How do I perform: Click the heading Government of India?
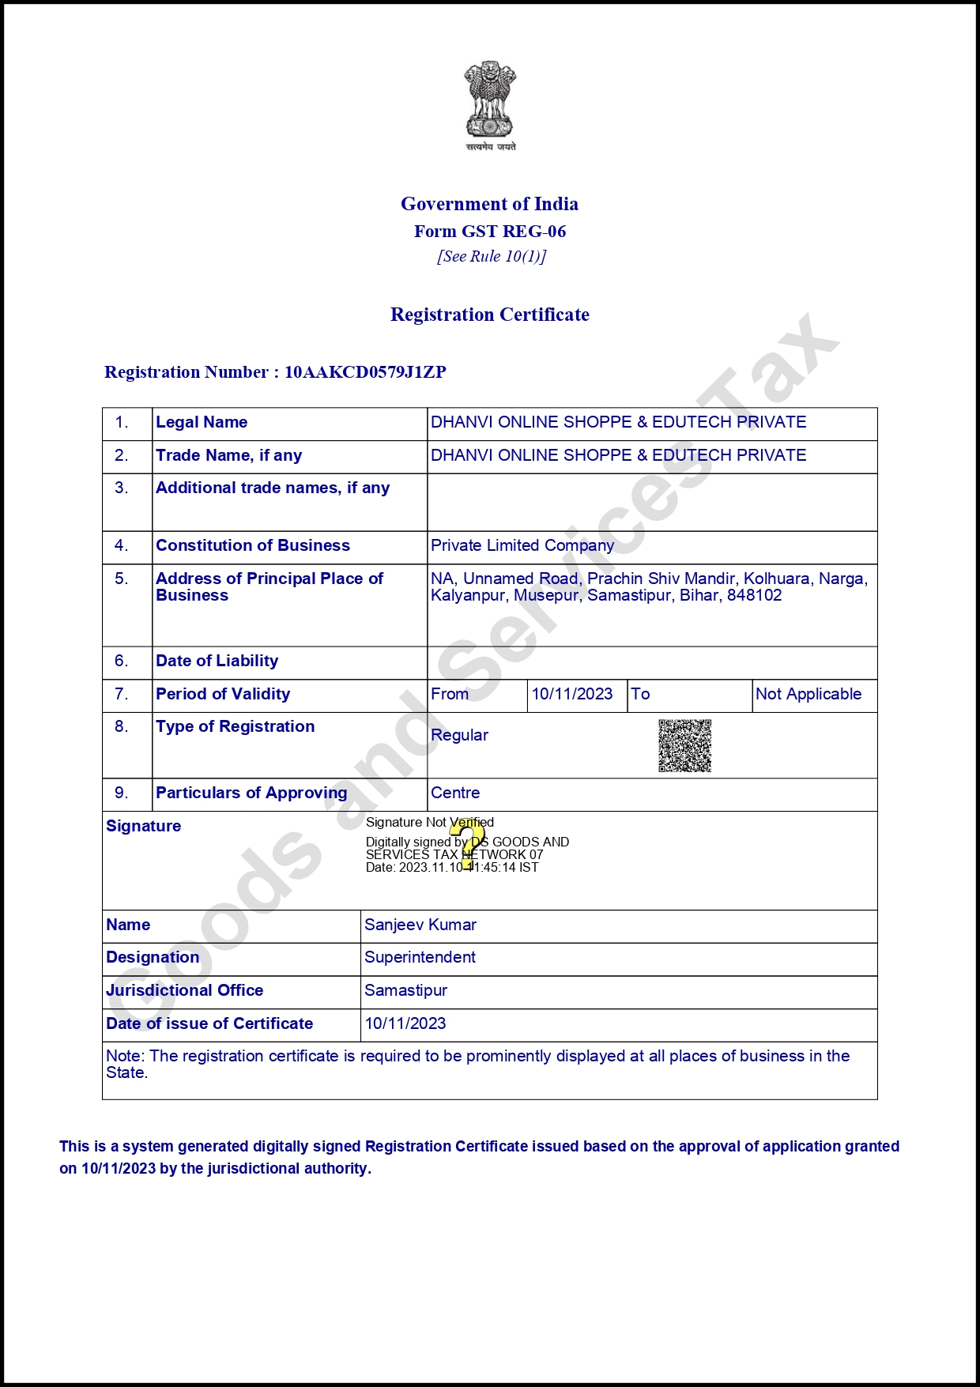(x=489, y=204)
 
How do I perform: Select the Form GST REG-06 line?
(x=490, y=232)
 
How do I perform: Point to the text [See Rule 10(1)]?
(x=492, y=256)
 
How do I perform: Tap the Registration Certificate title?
(x=490, y=315)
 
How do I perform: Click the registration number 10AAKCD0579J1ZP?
(x=365, y=372)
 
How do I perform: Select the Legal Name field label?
(x=202, y=422)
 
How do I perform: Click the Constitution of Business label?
(x=253, y=545)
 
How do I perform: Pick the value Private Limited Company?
(x=522, y=545)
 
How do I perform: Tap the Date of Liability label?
(x=217, y=661)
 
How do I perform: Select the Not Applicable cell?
(x=808, y=694)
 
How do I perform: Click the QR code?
(x=685, y=745)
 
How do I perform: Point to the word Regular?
(x=459, y=735)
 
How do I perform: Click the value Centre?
(x=455, y=793)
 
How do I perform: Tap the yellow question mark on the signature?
(x=467, y=844)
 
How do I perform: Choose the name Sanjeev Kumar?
(x=420, y=925)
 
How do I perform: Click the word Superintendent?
(x=420, y=957)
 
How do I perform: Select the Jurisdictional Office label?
(x=185, y=990)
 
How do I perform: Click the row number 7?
(x=122, y=694)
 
